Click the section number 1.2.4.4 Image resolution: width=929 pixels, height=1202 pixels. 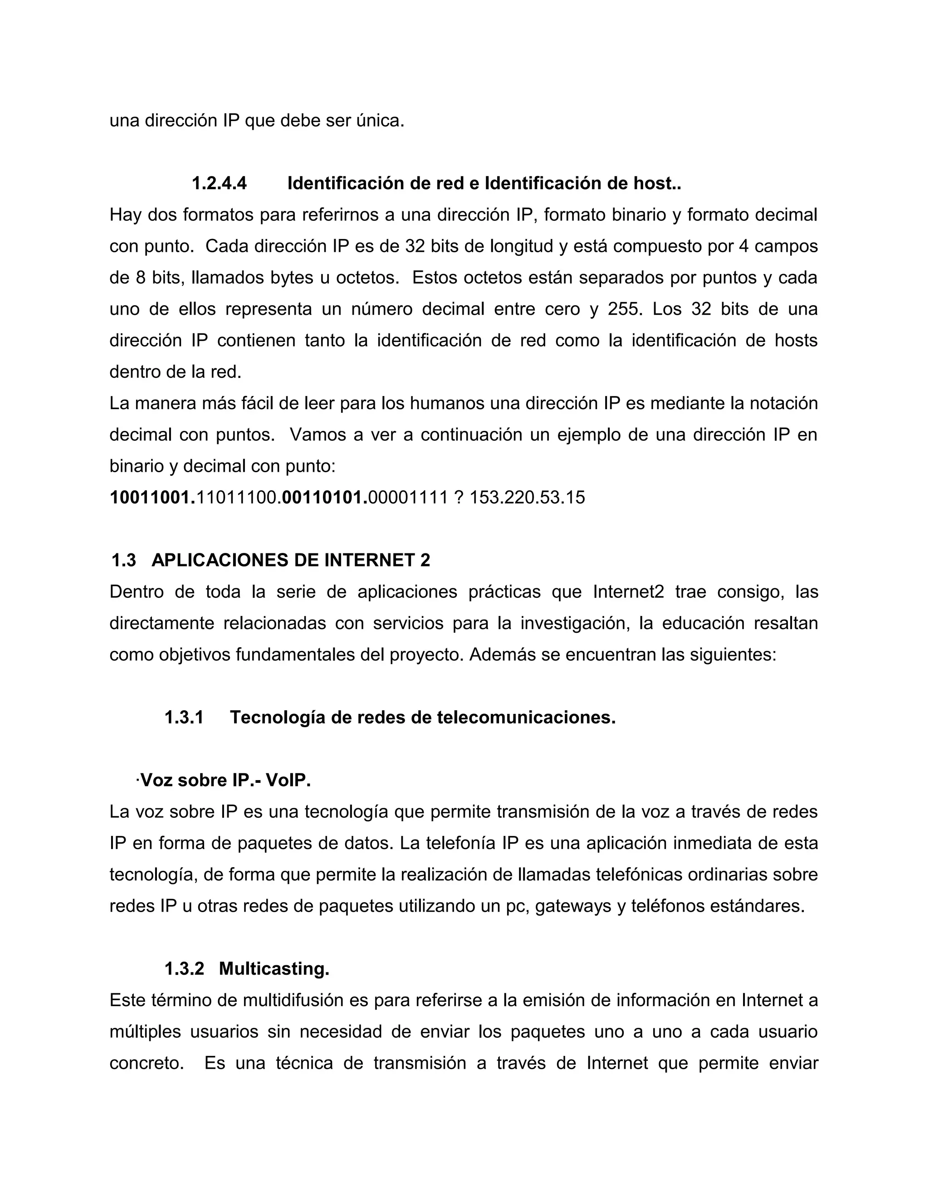coord(219,183)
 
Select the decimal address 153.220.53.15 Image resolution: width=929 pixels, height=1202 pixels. coord(527,498)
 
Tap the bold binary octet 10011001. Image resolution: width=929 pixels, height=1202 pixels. coord(152,498)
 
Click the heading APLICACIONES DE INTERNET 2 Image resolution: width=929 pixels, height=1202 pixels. coord(291,560)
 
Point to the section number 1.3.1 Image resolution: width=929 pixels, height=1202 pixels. coord(184,718)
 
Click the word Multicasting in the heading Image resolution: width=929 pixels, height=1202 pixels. coord(274,969)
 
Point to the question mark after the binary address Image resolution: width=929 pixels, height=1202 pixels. coord(459,498)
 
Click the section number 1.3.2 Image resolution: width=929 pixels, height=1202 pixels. coord(184,969)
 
